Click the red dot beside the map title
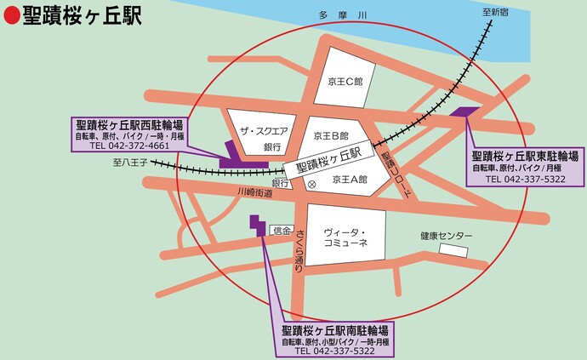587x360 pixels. [x=11, y=16]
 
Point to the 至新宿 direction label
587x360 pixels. [x=494, y=12]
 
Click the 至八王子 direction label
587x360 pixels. [x=130, y=161]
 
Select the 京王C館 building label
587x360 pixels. [x=345, y=82]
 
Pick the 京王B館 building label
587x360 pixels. [x=332, y=135]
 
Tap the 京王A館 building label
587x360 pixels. [x=349, y=180]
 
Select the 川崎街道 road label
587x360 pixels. [x=255, y=193]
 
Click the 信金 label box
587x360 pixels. [x=281, y=231]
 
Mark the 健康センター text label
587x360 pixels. [x=446, y=237]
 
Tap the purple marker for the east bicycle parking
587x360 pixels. [x=466, y=111]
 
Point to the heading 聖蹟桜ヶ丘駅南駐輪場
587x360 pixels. [x=335, y=330]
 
